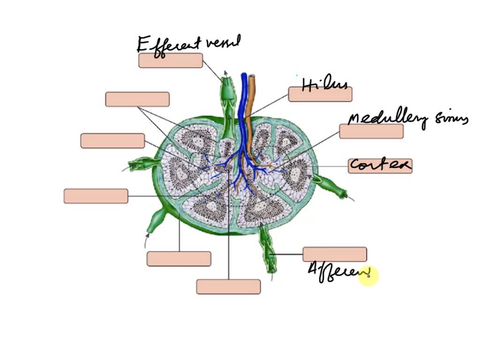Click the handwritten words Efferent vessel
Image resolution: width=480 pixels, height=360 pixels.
188,45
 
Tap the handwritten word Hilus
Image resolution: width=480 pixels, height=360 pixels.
325,85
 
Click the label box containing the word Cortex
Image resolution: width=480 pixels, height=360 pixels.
380,165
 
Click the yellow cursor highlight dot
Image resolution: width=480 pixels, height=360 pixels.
368,277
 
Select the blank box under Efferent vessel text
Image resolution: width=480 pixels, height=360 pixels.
171,60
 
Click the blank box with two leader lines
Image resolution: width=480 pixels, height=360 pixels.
137,99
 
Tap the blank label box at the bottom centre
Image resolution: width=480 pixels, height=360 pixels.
228,286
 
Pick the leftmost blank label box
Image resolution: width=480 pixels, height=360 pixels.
96,196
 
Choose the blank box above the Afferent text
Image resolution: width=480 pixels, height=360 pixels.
335,255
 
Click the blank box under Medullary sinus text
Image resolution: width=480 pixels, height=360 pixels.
371,132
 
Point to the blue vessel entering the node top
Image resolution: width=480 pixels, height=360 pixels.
244,94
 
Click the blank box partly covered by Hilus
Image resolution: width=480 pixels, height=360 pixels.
320,94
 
